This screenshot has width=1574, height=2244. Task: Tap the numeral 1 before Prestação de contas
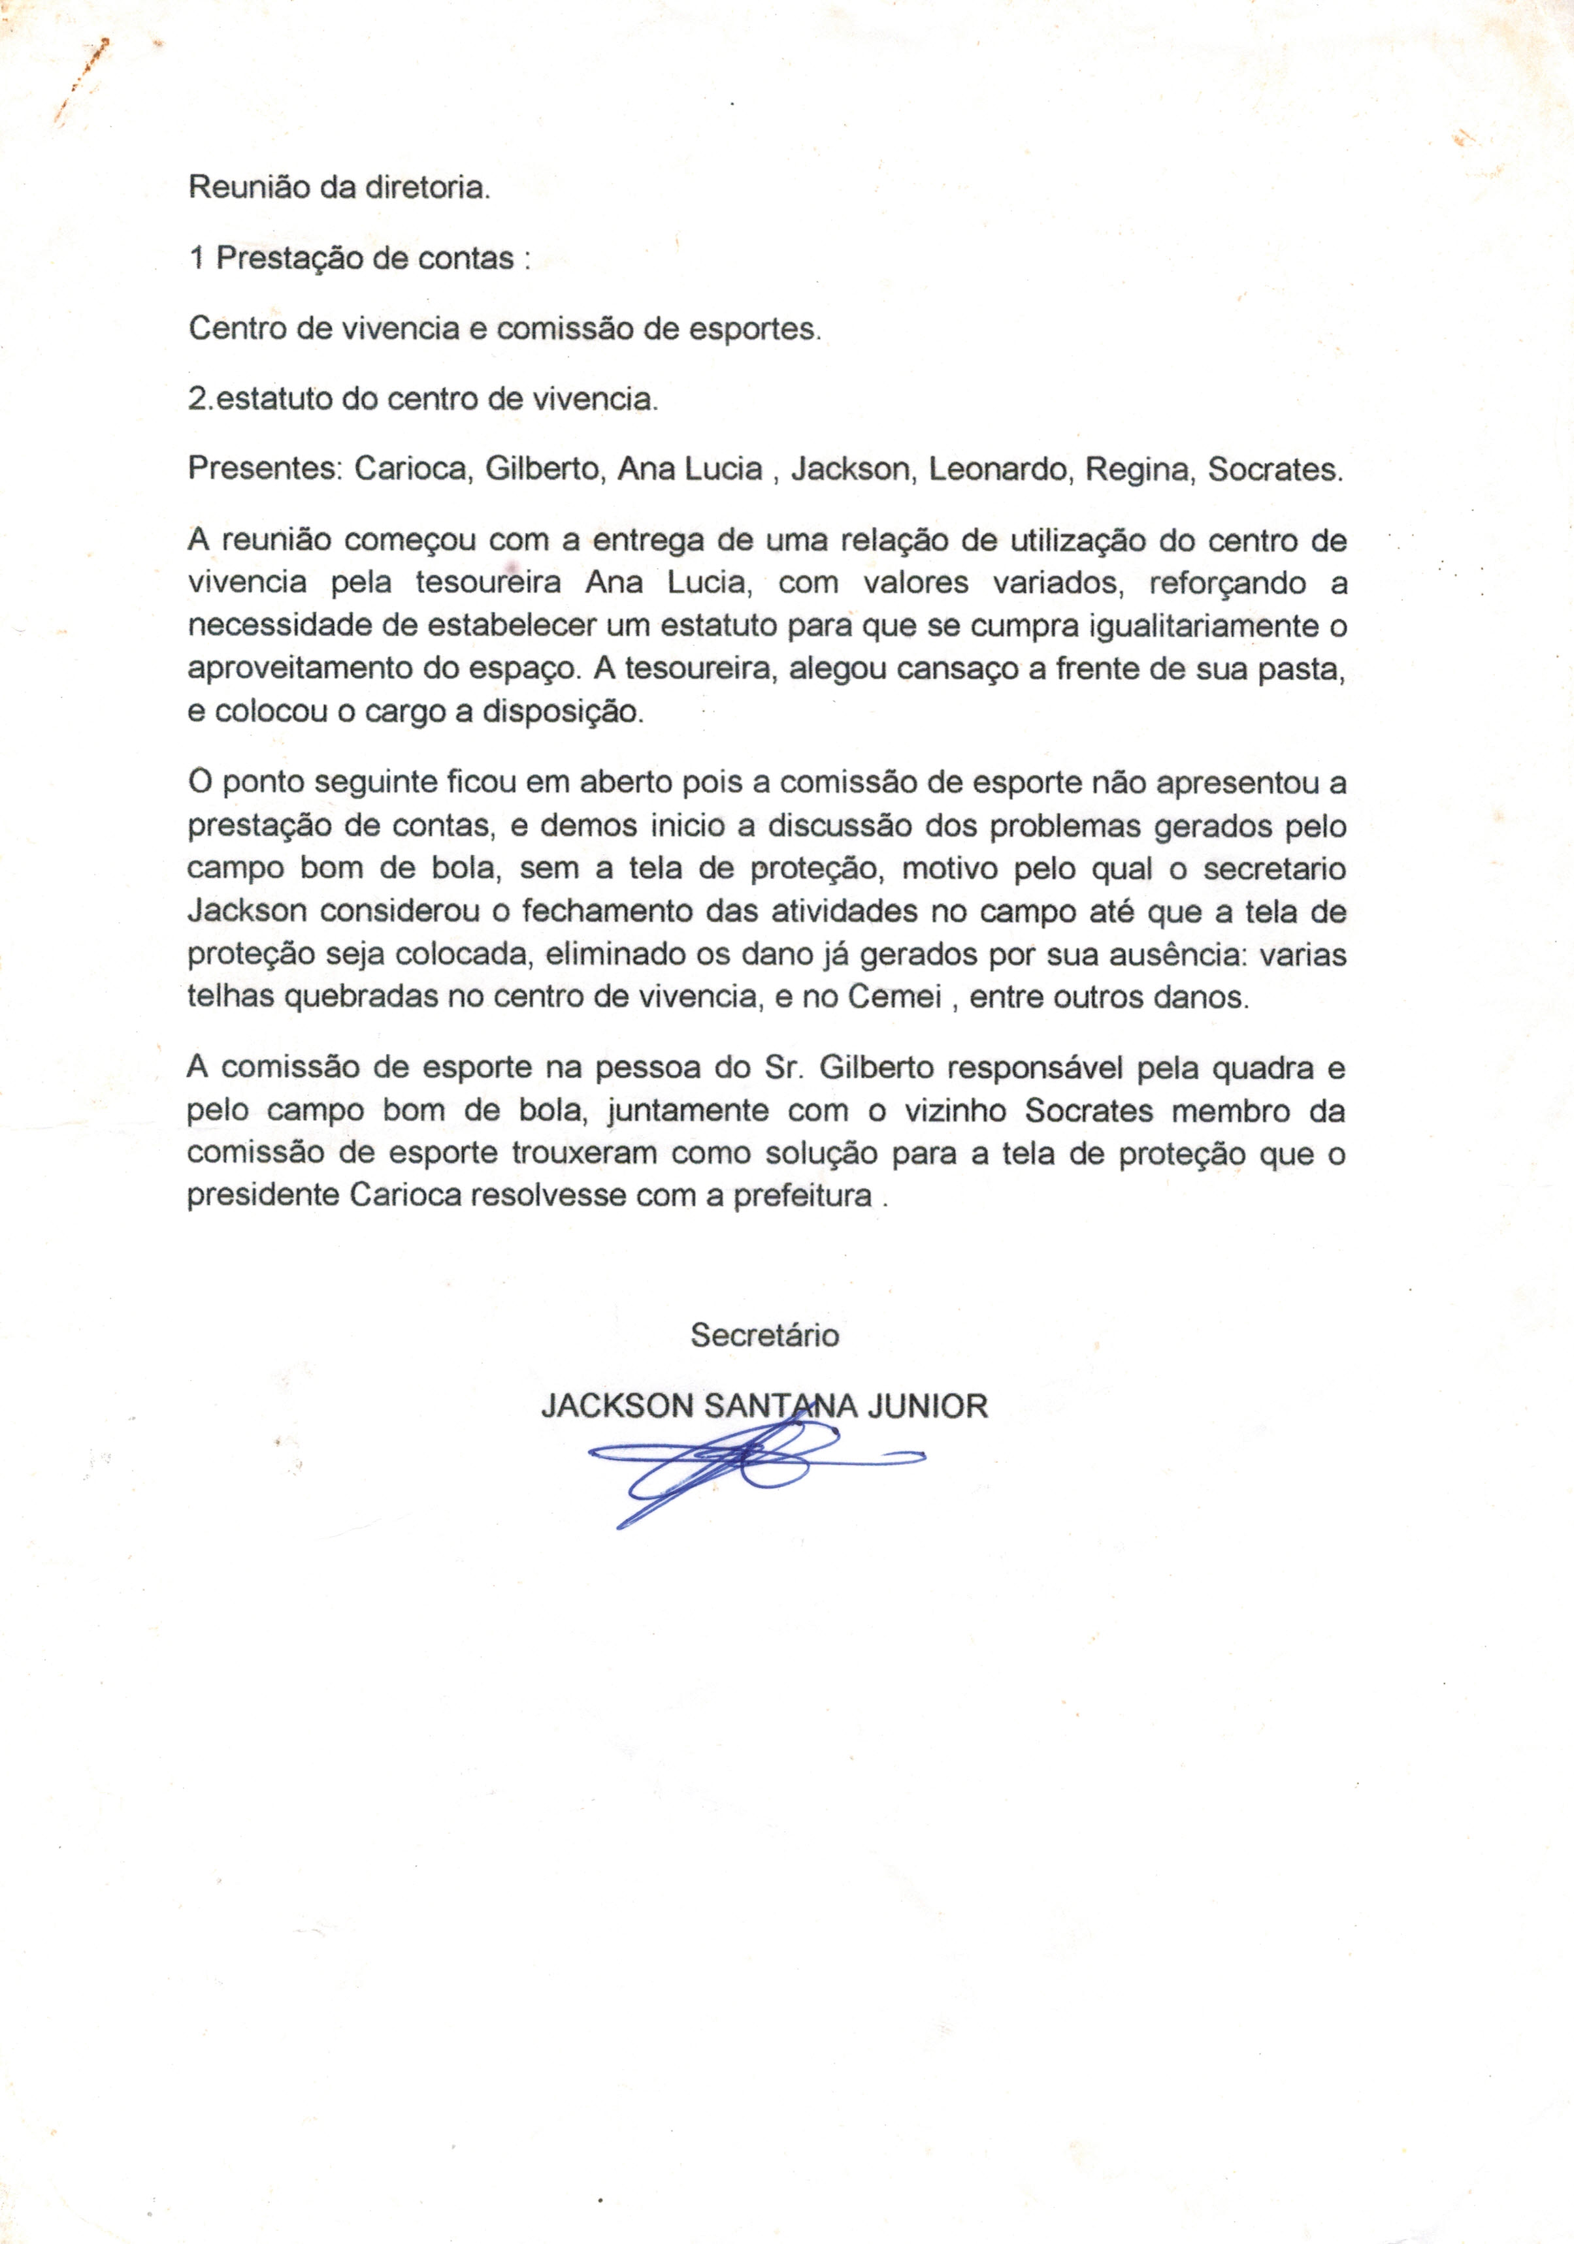tap(197, 258)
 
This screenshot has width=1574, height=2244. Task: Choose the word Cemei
tap(894, 998)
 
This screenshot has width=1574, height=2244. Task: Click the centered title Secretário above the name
tap(764, 1335)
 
